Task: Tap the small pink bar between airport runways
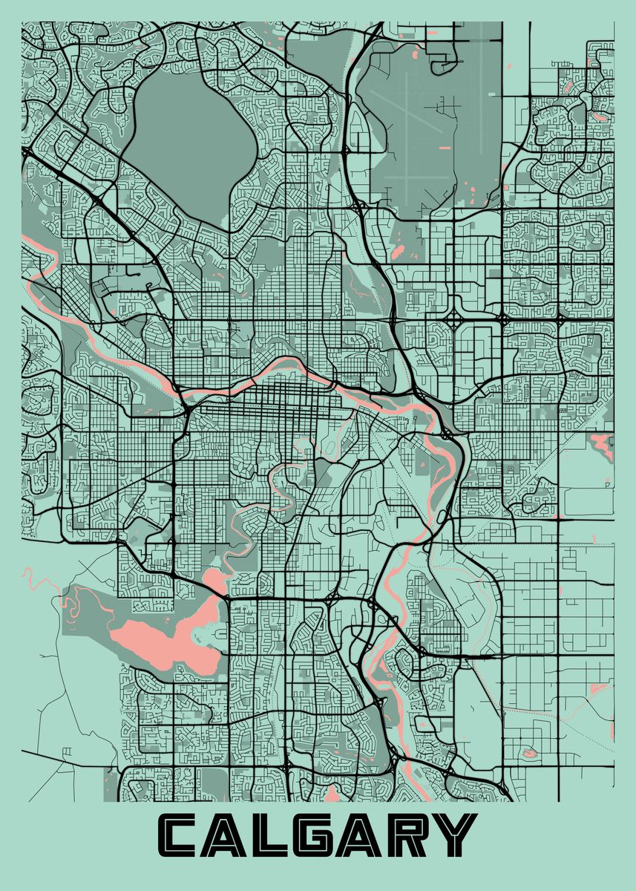pyautogui.click(x=445, y=149)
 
